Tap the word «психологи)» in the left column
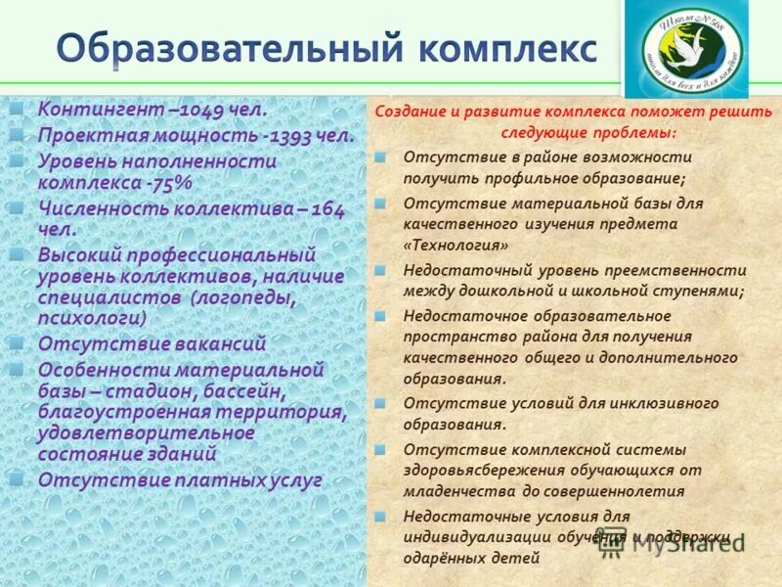[x=93, y=318]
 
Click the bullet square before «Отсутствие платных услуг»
[x=18, y=479]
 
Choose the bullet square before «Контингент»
[x=18, y=108]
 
